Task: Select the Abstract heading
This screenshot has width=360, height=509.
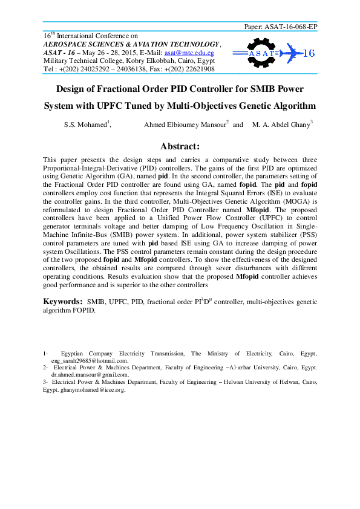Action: tap(180, 146)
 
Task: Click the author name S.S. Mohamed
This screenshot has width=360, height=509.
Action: tap(86, 125)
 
